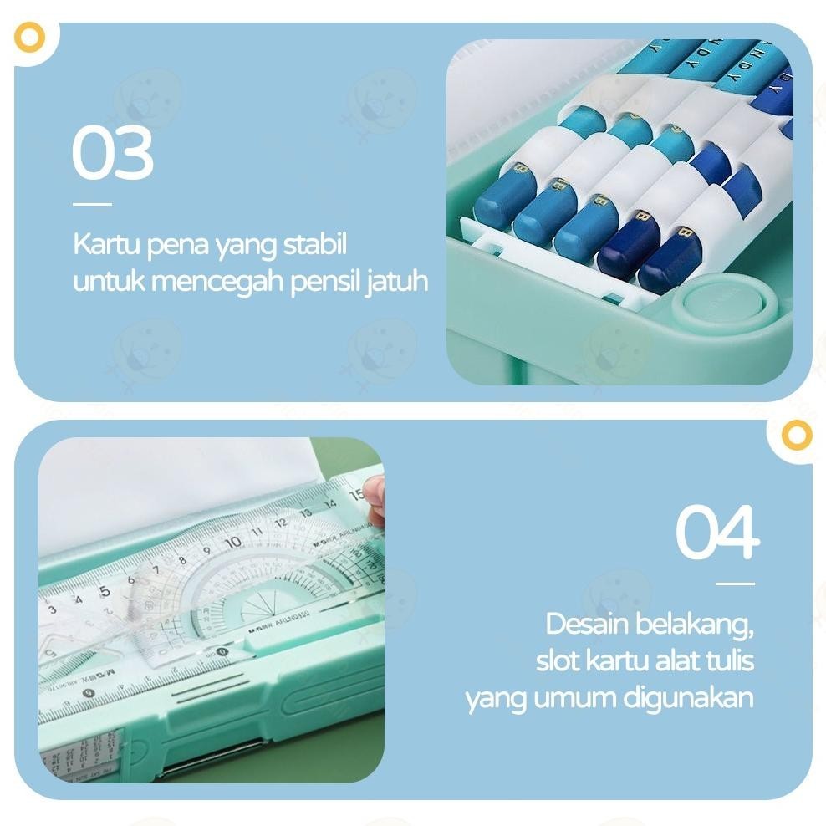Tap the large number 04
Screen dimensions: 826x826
coord(717,532)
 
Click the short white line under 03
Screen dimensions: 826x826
coord(92,203)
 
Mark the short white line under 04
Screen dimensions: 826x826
coord(735,584)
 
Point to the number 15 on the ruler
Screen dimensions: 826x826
coord(355,494)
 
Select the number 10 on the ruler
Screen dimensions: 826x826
coord(232,543)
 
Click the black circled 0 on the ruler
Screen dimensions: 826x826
coord(222,652)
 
